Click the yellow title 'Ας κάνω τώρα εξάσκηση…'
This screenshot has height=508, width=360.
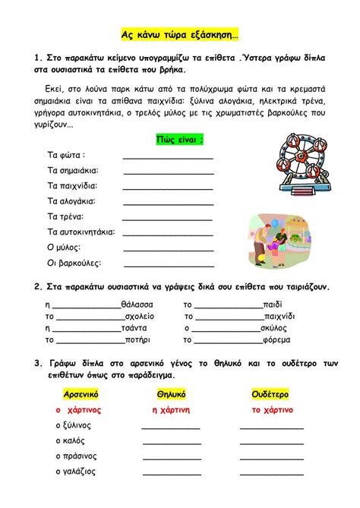pyautogui.click(x=180, y=35)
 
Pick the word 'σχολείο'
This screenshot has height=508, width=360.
pyautogui.click(x=138, y=316)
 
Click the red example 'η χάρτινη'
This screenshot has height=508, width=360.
pyautogui.click(x=171, y=409)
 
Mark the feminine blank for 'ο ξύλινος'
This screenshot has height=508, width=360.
pyautogui.click(x=171, y=428)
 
